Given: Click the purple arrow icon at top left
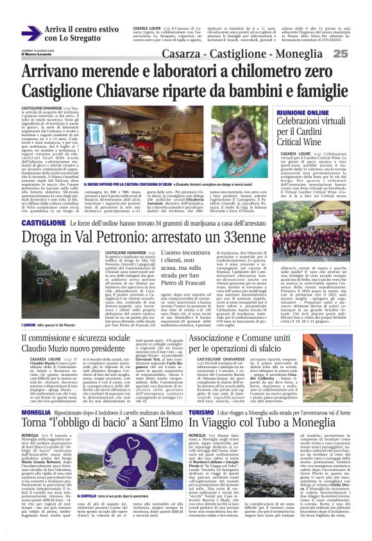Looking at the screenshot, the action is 31,33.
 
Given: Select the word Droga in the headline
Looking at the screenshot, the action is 46,237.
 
